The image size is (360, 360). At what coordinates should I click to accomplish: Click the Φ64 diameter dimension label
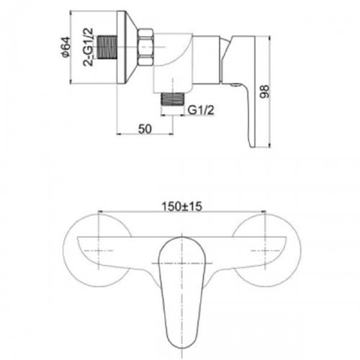pyautogui.click(x=66, y=48)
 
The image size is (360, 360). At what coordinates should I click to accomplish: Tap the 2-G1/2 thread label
pyautogui.click(x=88, y=47)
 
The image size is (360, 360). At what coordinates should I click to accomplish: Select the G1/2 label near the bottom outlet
pyautogui.click(x=201, y=110)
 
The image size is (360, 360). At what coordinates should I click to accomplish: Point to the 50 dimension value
pyautogui.click(x=145, y=129)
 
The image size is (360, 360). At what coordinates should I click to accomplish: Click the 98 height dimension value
pyautogui.click(x=265, y=91)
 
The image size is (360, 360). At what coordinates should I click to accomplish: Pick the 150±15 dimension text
pyautogui.click(x=181, y=207)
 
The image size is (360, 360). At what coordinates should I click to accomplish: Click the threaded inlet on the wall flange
pyautogui.click(x=107, y=47)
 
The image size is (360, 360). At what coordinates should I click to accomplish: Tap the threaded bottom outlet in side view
pyautogui.click(x=173, y=99)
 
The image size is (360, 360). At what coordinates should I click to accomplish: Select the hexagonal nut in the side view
pyautogui.click(x=145, y=47)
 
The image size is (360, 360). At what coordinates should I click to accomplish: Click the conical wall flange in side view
pyautogui.click(x=127, y=48)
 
